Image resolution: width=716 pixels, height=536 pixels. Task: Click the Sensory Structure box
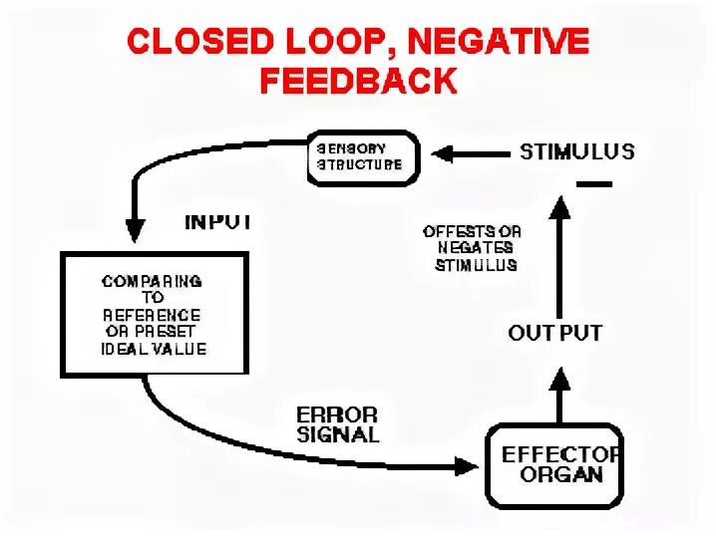tap(361, 157)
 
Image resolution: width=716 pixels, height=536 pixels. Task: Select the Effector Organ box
tap(553, 465)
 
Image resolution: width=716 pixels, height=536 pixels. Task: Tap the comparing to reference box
tap(154, 314)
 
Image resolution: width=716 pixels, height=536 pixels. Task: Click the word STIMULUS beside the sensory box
tap(576, 152)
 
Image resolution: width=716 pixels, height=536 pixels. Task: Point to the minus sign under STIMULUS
tap(592, 184)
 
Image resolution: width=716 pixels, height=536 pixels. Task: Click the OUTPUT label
tap(554, 333)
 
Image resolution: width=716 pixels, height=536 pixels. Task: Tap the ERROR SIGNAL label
tap(337, 423)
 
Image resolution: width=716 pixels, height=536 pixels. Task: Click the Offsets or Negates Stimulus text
tap(473, 248)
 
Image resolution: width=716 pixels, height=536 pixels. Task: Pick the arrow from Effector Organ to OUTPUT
tap(560, 395)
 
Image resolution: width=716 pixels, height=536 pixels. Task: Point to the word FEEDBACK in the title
tap(358, 81)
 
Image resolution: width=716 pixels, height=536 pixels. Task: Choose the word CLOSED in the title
tap(192, 42)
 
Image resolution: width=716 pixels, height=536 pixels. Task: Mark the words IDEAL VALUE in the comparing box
tap(154, 349)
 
